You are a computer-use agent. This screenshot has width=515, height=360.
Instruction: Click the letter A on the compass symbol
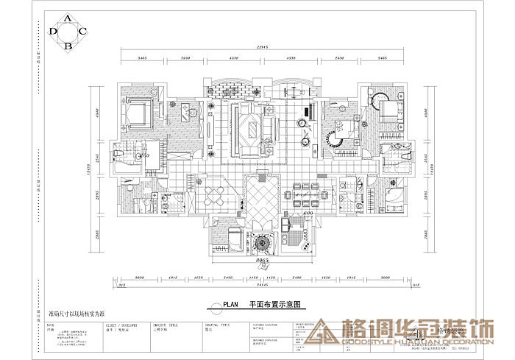(x=68, y=17)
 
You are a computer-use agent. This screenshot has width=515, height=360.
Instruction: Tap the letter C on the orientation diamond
(x=83, y=31)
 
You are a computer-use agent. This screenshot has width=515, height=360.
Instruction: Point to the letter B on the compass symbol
(x=68, y=46)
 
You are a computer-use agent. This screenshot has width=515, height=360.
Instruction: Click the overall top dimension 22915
(x=255, y=47)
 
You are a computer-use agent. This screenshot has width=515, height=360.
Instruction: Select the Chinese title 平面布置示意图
(x=276, y=303)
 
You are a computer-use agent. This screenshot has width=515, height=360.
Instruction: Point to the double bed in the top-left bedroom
(x=138, y=114)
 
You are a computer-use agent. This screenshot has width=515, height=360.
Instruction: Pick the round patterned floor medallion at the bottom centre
(x=261, y=242)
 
